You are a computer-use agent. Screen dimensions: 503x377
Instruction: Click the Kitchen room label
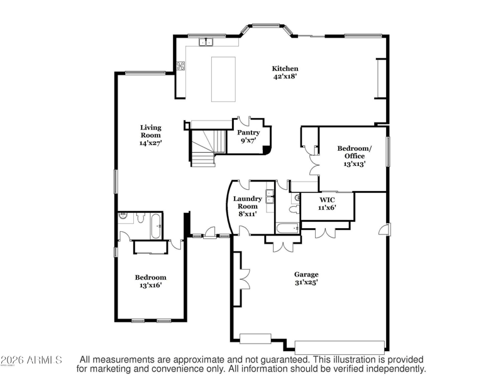[x=285, y=68]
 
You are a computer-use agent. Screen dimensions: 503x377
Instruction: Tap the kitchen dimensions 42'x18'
[x=285, y=77]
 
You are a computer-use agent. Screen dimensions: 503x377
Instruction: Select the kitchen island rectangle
[x=223, y=79]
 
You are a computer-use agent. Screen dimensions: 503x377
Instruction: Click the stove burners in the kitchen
[x=180, y=66]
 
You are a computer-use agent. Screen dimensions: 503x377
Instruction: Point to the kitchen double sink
[x=206, y=42]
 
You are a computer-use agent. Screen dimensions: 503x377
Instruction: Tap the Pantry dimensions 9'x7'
[x=248, y=140]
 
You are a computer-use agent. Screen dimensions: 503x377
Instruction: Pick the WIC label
[x=327, y=200]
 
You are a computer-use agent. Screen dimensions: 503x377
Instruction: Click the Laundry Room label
[x=247, y=202]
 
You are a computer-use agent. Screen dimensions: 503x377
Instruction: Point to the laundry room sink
[x=270, y=197]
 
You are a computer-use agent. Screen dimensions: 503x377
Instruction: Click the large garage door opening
[x=340, y=347]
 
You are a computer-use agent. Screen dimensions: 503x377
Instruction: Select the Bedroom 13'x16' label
[x=150, y=281]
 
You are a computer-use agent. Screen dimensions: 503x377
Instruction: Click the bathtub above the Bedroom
[x=156, y=226]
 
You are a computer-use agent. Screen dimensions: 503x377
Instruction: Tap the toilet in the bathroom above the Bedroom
[x=140, y=217]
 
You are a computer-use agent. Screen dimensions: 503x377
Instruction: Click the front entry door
[x=210, y=232]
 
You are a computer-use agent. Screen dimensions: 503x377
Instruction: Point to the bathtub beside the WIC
[x=288, y=228]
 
